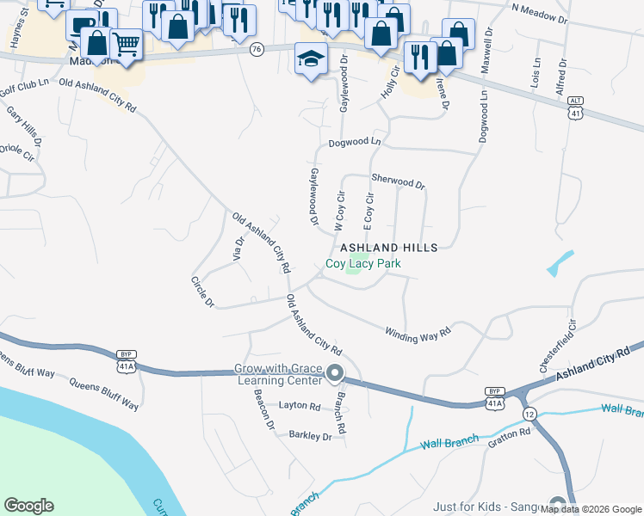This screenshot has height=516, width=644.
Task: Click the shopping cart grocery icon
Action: (127, 44)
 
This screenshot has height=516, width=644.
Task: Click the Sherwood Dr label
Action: (398, 181)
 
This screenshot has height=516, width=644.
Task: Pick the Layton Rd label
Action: (299, 406)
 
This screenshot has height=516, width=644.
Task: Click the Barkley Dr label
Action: (310, 436)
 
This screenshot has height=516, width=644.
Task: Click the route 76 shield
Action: (257, 51)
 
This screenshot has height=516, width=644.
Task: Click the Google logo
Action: (28, 506)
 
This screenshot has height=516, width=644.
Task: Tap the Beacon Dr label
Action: (263, 408)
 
